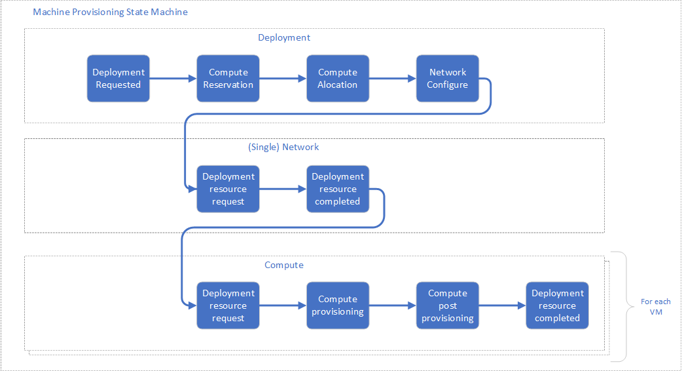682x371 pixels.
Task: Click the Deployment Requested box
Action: (x=118, y=79)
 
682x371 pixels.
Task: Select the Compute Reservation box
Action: (x=228, y=79)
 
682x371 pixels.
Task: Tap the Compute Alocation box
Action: (x=338, y=79)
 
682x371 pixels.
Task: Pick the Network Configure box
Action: (x=448, y=79)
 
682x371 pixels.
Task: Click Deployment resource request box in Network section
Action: (x=228, y=189)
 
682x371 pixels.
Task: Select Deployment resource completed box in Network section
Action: (x=338, y=189)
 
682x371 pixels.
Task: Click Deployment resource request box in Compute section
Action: (x=228, y=305)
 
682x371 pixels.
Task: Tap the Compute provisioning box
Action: (x=338, y=305)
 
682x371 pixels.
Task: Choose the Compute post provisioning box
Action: (x=448, y=305)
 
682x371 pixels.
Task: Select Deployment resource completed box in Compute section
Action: (x=557, y=305)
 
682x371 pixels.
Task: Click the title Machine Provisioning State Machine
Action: (x=110, y=12)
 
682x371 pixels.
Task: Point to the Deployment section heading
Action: (x=284, y=37)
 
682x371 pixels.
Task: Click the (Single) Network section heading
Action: (x=283, y=147)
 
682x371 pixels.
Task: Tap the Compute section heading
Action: (x=284, y=265)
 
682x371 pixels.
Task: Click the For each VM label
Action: (x=655, y=307)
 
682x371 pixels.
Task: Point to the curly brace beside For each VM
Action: (x=622, y=306)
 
